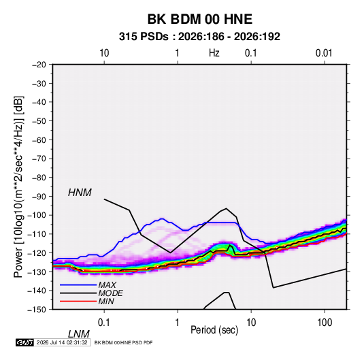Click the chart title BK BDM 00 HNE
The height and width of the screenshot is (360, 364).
(199, 19)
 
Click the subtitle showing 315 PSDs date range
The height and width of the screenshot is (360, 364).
(199, 37)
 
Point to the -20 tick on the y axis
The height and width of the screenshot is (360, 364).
(39, 65)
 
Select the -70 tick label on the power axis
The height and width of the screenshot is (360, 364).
(39, 159)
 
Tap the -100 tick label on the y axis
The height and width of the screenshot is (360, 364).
(37, 215)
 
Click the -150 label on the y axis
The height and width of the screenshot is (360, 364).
(37, 310)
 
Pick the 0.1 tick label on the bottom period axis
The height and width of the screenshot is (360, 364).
(103, 323)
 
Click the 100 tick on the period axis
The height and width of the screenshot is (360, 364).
(325, 323)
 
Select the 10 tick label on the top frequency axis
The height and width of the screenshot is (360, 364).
(104, 53)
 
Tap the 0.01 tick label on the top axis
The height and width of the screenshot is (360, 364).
(324, 53)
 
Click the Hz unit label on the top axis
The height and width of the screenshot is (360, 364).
(214, 53)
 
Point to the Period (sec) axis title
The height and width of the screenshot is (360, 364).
(214, 330)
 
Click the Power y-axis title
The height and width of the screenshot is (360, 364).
(18, 187)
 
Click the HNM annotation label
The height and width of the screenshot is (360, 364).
(80, 193)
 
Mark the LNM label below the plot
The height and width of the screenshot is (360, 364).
(79, 334)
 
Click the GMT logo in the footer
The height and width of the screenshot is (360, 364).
(24, 342)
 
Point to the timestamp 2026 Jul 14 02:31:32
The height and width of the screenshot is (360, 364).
(62, 342)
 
